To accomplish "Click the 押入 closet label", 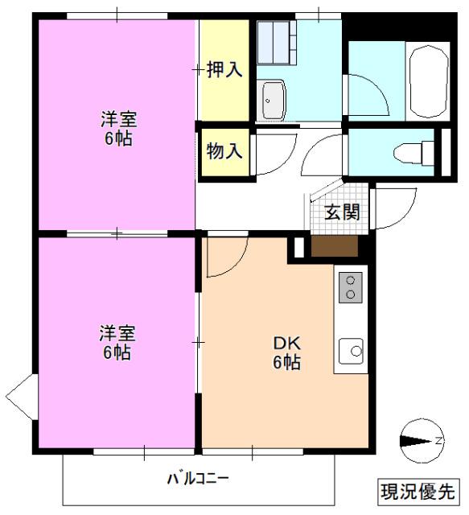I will pos(224,70).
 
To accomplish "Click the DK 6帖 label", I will pos(285,352).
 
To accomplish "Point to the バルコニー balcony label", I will pos(198,480).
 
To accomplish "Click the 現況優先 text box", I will pos(417,490).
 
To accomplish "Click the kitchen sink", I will pos(352,351).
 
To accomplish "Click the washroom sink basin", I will pos(272,99).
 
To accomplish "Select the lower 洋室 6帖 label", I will pos(117,342).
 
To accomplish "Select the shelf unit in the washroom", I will pos(277,39).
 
